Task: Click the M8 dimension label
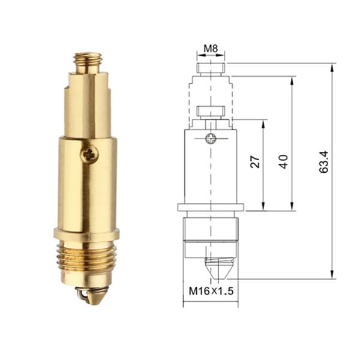(x=211, y=49)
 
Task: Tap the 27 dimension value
(x=255, y=162)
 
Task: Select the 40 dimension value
(x=284, y=161)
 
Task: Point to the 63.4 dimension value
(x=324, y=162)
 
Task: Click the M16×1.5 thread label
(x=211, y=291)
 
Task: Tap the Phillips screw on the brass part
(x=90, y=155)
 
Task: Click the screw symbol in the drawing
(x=211, y=139)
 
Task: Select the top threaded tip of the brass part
(x=88, y=62)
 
